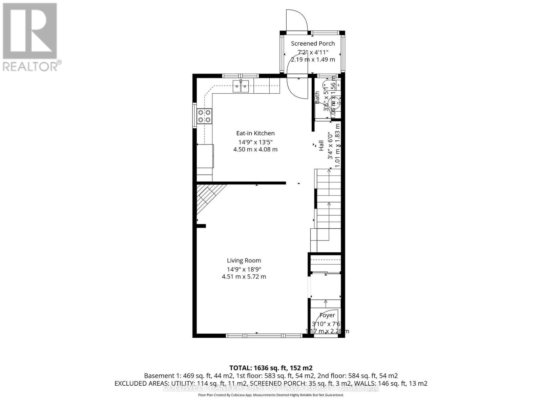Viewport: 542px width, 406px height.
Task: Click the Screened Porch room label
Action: point(313,43)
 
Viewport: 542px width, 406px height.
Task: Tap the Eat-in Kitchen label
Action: point(255,133)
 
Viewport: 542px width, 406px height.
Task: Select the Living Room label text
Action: point(244,261)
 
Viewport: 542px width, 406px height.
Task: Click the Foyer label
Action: point(327,315)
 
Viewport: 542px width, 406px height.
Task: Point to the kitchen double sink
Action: point(241,86)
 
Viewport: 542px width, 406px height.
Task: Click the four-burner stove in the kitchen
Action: point(205,116)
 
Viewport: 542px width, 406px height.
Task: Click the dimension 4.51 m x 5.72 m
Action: point(244,277)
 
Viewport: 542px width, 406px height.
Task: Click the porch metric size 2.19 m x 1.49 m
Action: point(313,60)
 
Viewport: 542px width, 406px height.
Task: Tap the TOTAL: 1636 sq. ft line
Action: point(271,368)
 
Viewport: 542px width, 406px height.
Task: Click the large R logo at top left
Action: point(30,30)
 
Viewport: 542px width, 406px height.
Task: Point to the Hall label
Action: point(321,146)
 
